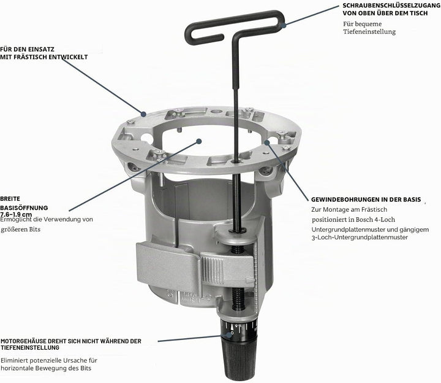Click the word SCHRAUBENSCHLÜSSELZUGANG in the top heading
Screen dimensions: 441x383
391,6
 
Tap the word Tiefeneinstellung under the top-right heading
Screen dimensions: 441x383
369,31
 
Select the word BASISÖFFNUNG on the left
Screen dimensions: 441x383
24,208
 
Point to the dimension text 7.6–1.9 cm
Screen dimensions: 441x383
16,214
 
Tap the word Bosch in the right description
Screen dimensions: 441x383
364,219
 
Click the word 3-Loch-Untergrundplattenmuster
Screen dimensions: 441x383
360,238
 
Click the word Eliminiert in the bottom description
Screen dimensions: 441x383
13,360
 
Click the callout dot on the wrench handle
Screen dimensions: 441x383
284,25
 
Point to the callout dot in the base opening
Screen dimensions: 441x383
199,141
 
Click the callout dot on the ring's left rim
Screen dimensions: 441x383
144,114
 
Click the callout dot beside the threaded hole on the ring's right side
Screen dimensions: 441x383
267,142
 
